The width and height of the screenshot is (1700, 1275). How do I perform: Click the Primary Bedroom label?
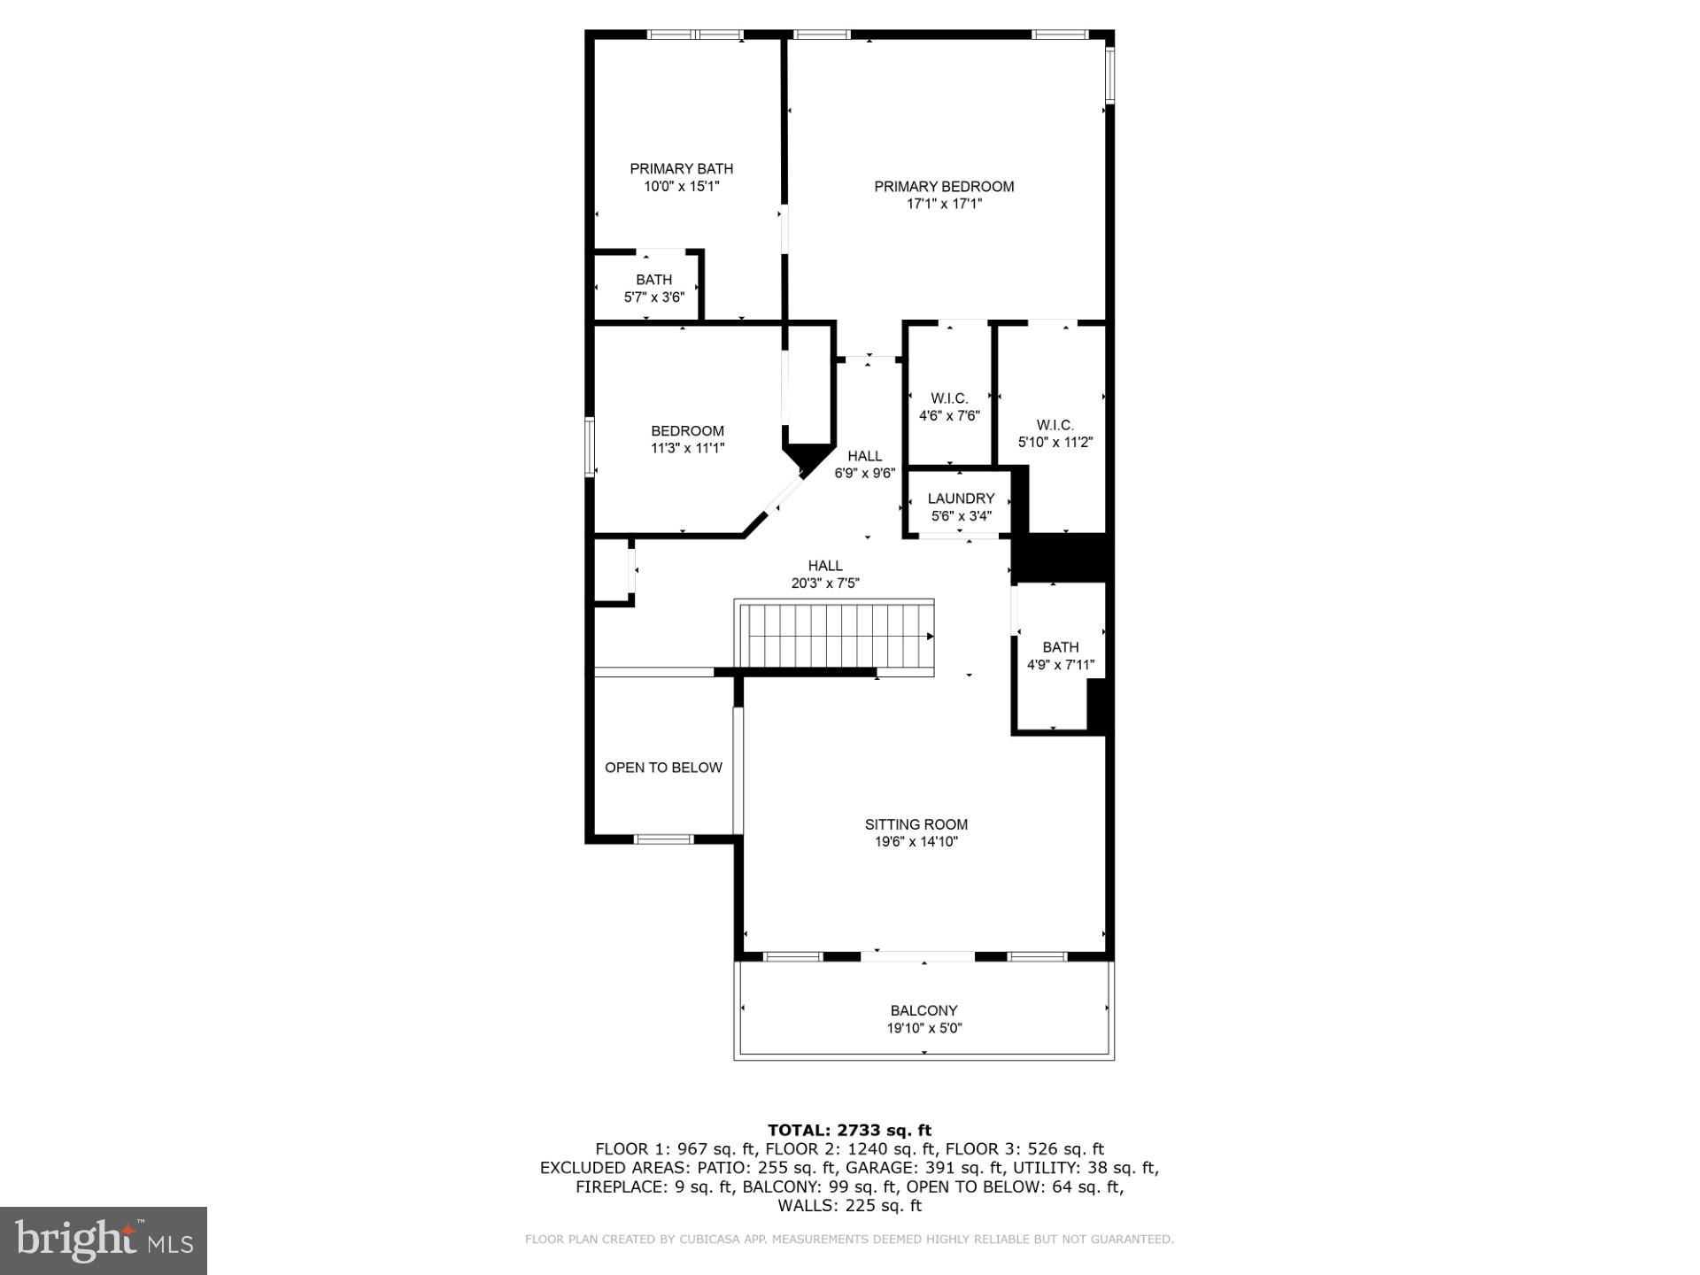[x=944, y=186]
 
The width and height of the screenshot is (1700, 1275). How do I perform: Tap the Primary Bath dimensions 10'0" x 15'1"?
[x=681, y=187]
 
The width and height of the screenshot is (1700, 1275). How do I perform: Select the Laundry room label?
[x=961, y=498]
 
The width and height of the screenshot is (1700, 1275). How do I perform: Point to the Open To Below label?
[x=663, y=768]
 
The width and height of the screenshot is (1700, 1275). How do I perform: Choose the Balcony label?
[x=923, y=1010]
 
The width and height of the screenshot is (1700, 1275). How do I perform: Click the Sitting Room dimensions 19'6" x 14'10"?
[x=916, y=842]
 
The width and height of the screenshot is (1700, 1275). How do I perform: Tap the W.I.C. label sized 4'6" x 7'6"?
[x=949, y=398]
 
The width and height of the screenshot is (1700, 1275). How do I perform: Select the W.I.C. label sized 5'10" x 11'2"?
[x=1055, y=425]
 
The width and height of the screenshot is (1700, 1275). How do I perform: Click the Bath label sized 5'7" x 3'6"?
[x=653, y=280]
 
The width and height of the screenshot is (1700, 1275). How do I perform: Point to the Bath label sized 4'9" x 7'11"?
[x=1060, y=647]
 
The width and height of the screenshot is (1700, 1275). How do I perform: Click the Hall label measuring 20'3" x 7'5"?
[x=824, y=566]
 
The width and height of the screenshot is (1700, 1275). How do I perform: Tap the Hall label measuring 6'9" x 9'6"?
[x=864, y=456]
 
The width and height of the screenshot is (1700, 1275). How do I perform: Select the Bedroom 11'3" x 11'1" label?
[x=687, y=431]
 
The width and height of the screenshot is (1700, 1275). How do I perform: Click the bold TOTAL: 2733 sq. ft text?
[x=849, y=1130]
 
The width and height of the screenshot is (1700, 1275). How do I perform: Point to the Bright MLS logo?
[x=104, y=1240]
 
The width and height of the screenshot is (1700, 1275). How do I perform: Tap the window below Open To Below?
[x=664, y=838]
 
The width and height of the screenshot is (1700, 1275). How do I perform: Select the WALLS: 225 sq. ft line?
[x=849, y=1206]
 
